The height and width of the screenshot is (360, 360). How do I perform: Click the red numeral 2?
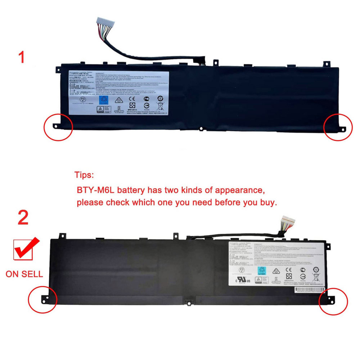[23, 218]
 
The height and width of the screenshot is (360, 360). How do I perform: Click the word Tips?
[84, 175]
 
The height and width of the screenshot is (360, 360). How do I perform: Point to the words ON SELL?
[24, 274]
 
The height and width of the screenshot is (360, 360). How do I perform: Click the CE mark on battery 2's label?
[288, 269]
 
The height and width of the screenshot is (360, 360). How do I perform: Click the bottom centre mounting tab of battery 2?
[187, 300]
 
